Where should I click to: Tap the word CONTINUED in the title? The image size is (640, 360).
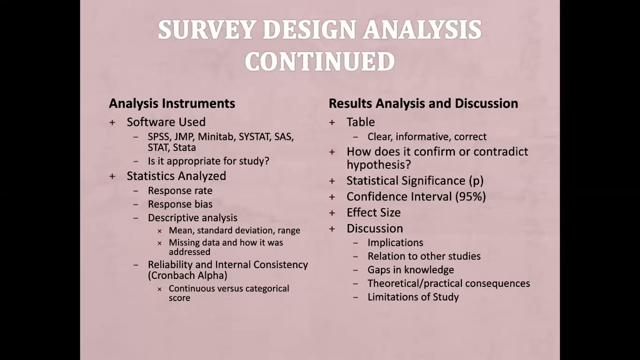(x=319, y=62)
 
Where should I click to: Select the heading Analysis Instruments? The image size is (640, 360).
(x=172, y=103)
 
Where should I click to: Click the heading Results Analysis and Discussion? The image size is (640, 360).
(x=423, y=103)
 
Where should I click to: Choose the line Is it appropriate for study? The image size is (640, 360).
(x=208, y=161)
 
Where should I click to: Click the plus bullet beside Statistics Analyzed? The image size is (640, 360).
(x=112, y=176)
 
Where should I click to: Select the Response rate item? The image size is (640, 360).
(x=180, y=190)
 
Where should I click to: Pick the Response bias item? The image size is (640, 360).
(x=180, y=204)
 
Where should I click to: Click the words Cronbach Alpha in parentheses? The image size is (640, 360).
(x=187, y=275)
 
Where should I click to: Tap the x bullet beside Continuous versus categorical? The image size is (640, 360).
(x=159, y=289)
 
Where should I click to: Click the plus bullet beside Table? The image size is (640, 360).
(x=332, y=122)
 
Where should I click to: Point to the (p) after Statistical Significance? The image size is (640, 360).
(x=476, y=181)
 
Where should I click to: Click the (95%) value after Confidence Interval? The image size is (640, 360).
(x=470, y=196)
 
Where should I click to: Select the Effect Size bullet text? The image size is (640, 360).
(x=373, y=212)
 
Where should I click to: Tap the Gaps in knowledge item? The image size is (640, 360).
(x=410, y=269)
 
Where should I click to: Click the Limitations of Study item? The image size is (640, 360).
(x=413, y=297)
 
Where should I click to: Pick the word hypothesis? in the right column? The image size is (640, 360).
(x=378, y=164)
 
